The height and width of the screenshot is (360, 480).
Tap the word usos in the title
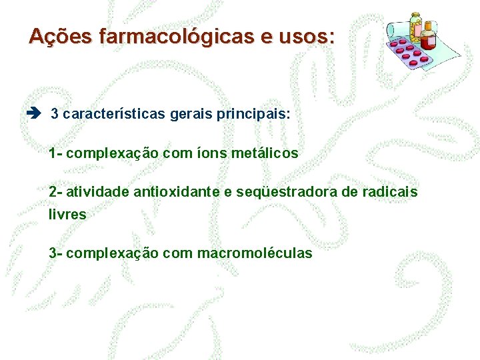pyautogui.click(x=303, y=36)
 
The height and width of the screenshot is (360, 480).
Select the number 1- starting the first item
pyautogui.click(x=56, y=153)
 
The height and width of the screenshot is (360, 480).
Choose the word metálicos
pyautogui.click(x=265, y=153)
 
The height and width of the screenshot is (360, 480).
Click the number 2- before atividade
pyautogui.click(x=56, y=192)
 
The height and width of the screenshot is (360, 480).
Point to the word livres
pyautogui.click(x=67, y=215)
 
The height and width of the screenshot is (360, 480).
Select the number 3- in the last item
pyautogui.click(x=56, y=253)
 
